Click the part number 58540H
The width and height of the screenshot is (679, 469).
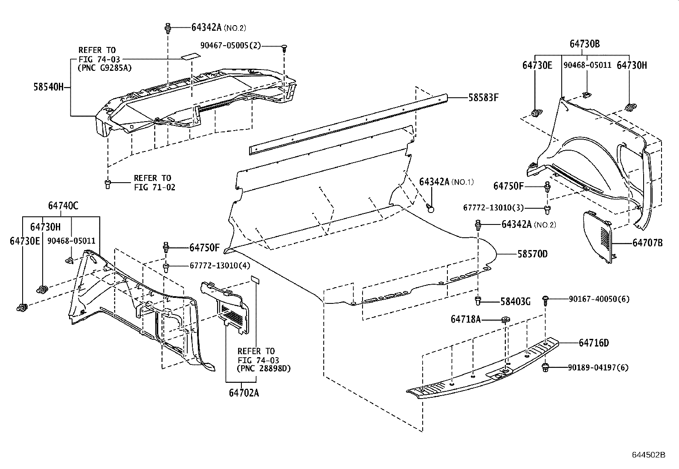point(48,87)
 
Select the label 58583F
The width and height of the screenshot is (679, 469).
point(483,97)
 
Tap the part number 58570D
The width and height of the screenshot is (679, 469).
point(532,254)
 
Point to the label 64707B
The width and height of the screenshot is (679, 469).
point(647,243)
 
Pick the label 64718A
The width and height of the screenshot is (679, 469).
point(465,319)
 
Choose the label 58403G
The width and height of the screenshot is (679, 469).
point(515,302)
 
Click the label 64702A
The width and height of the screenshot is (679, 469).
point(244,393)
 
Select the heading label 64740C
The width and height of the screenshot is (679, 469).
point(63,206)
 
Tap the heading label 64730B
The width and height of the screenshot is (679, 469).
point(585,44)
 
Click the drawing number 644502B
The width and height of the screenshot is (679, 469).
point(648,455)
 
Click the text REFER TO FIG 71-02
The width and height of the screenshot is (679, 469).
point(154,182)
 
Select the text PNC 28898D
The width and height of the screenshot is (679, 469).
point(264,368)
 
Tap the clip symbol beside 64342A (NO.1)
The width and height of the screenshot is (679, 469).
point(430,208)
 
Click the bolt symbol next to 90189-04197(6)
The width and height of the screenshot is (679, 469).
point(545,367)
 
